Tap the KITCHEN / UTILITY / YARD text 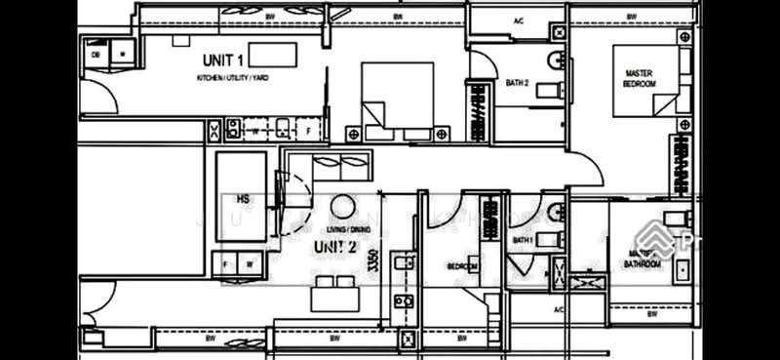[233, 76]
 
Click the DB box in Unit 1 [97, 55]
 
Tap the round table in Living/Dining [343, 207]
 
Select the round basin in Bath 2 [554, 60]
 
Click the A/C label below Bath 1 [559, 309]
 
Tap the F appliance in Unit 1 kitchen [308, 129]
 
